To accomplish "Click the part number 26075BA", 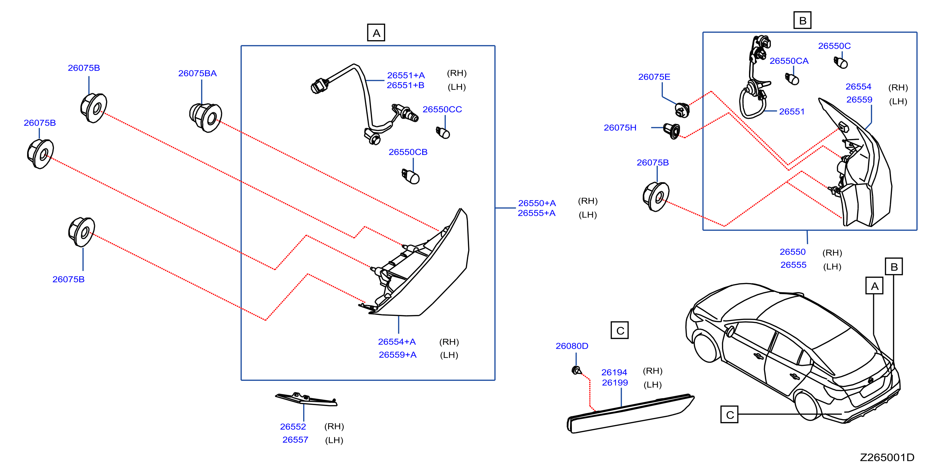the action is coord(197,73).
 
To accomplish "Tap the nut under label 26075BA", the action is coord(206,118).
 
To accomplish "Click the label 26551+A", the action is coord(406,75).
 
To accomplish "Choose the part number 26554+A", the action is coord(397,342).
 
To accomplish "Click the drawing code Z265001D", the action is coord(887,457).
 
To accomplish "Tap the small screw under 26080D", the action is coord(576,370).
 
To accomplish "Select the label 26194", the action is coord(614,372).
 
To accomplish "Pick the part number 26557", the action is coord(295,440).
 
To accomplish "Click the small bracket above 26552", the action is coord(306,399).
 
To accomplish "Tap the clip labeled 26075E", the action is coord(682,110).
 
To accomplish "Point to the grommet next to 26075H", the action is coord(672,131).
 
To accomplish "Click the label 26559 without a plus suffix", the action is coord(859,99).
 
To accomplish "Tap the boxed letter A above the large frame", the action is coord(376,33).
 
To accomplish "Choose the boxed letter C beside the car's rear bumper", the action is coord(730,415).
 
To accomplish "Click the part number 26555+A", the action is coord(536,213).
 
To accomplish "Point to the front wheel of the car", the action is coord(706,345).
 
